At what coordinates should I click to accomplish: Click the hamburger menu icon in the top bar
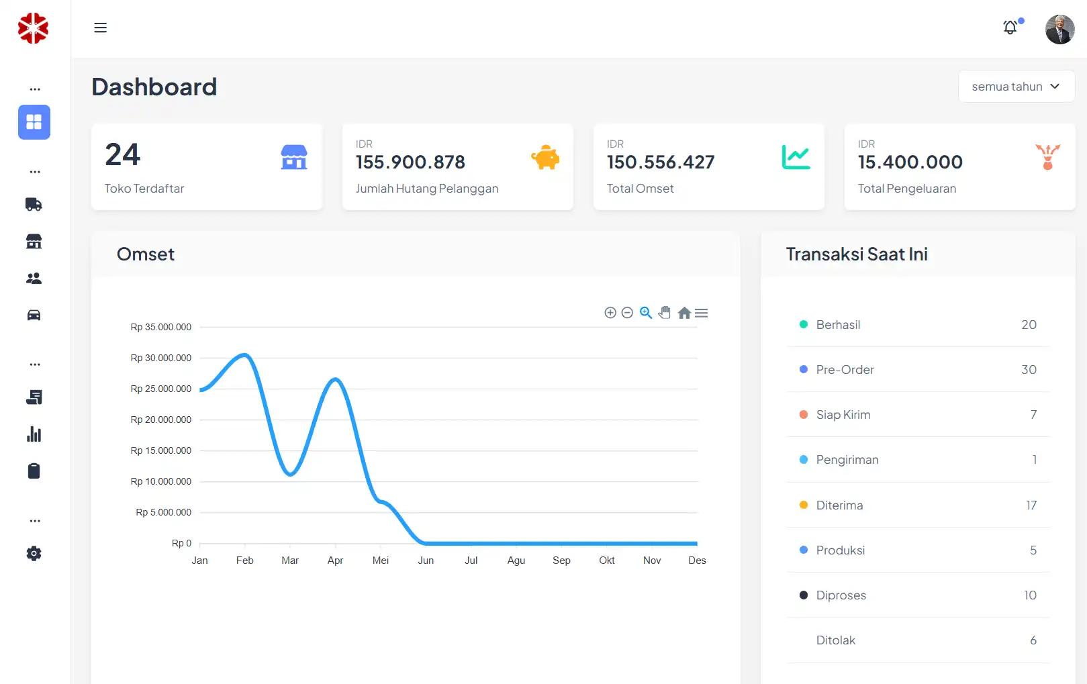pyautogui.click(x=100, y=28)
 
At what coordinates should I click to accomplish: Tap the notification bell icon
pyautogui.click(x=1010, y=28)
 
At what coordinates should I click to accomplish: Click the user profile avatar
pyautogui.click(x=1059, y=30)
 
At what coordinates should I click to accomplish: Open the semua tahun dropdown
pyautogui.click(x=1016, y=87)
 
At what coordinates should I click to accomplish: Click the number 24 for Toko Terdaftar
pyautogui.click(x=123, y=155)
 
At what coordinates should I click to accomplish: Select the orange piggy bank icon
pyautogui.click(x=545, y=158)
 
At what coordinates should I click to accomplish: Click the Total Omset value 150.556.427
pyautogui.click(x=661, y=162)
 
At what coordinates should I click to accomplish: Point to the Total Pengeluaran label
pyautogui.click(x=906, y=189)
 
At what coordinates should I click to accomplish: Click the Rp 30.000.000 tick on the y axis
pyautogui.click(x=161, y=358)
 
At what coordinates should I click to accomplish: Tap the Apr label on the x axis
pyautogui.click(x=335, y=560)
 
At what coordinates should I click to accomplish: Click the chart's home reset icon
pyautogui.click(x=684, y=313)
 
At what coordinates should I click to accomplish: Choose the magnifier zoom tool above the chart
pyautogui.click(x=646, y=313)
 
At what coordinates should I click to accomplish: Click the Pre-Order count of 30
pyautogui.click(x=1029, y=370)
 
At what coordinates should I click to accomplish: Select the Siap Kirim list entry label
pyautogui.click(x=843, y=415)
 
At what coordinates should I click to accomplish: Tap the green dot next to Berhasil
pyautogui.click(x=804, y=325)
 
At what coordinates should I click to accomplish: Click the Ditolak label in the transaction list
pyautogui.click(x=836, y=640)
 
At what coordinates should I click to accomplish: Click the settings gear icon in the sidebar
pyautogui.click(x=34, y=554)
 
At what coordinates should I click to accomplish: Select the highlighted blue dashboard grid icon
pyautogui.click(x=34, y=122)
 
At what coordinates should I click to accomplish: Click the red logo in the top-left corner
pyautogui.click(x=33, y=28)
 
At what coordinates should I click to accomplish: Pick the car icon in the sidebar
pyautogui.click(x=34, y=315)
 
